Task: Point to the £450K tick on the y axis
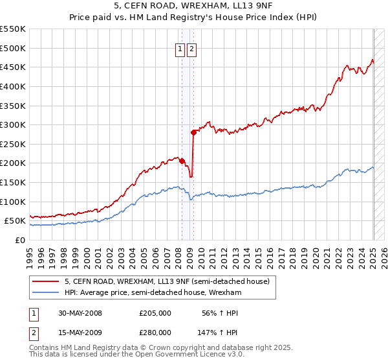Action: click(12, 67)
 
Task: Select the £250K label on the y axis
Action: click(12, 144)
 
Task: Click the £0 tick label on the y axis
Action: click(21, 240)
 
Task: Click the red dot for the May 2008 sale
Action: click(182, 161)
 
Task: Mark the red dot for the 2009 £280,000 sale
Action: click(193, 133)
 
